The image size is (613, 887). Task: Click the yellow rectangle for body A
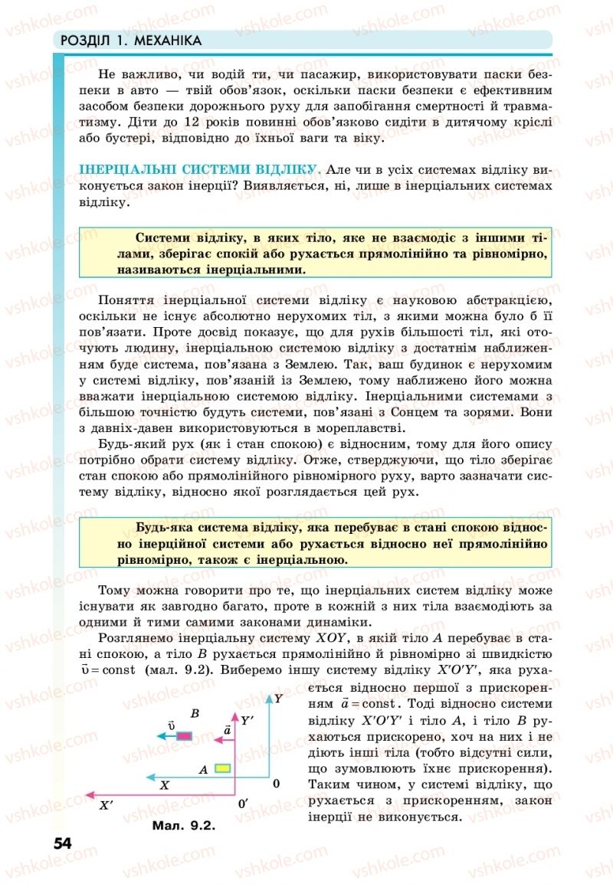tap(223, 768)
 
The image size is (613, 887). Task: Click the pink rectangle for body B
tap(185, 736)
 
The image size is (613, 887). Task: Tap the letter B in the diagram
tap(195, 714)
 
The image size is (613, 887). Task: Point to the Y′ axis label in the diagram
tap(247, 721)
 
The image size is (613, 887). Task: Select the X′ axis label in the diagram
tap(106, 805)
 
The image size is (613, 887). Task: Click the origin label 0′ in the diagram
tap(243, 804)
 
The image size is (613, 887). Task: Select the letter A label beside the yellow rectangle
tap(203, 768)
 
